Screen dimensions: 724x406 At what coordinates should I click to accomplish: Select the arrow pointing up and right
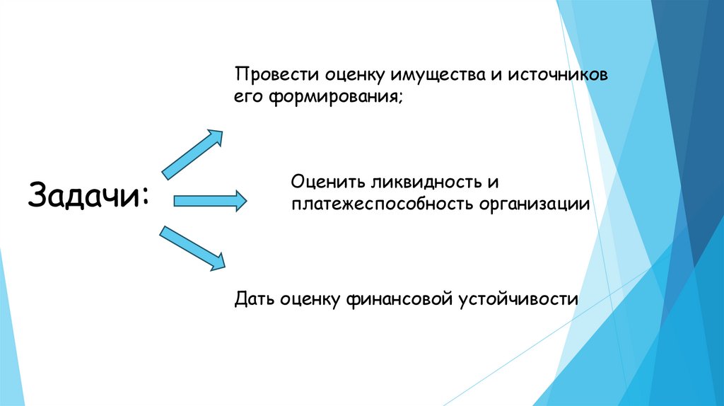point(192,153)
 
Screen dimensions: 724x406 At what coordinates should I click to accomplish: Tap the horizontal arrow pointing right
point(210,202)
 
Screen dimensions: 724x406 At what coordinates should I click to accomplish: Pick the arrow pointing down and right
point(192,248)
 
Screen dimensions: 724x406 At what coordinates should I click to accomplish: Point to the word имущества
point(433,74)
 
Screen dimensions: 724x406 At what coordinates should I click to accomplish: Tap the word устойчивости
point(518,299)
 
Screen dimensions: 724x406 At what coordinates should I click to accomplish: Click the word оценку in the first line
point(354,74)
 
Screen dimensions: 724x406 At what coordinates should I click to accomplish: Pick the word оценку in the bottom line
point(308,299)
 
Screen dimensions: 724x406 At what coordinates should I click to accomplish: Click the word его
point(249,97)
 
